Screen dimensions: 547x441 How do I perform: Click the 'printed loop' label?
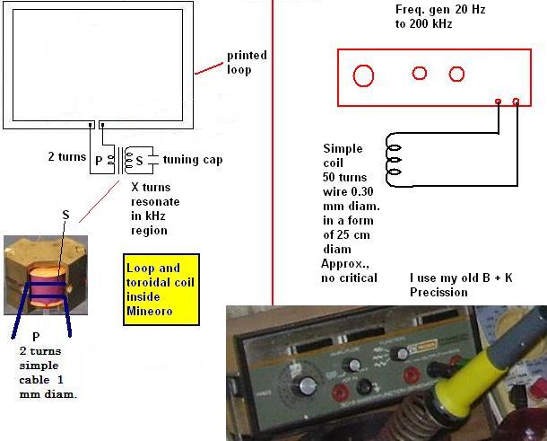(247, 62)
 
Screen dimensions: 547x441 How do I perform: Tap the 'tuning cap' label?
(193, 160)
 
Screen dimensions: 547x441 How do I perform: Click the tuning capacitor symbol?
(152, 160)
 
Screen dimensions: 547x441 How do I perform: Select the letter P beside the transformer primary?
(99, 161)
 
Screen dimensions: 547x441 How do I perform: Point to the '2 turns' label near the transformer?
(67, 156)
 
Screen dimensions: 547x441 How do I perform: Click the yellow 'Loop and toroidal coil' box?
(161, 290)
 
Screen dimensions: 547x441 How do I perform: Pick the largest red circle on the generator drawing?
(363, 75)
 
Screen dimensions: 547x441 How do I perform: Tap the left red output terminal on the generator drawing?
(499, 101)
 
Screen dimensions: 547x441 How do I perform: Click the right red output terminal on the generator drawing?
(516, 101)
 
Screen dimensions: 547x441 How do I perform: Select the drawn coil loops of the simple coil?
(394, 160)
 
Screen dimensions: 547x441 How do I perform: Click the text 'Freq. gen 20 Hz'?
(440, 10)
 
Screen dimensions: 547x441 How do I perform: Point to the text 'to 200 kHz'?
(424, 23)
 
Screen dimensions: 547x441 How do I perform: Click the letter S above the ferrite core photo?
(66, 215)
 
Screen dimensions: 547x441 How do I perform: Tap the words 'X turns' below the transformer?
(151, 188)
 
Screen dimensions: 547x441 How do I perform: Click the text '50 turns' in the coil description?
(344, 177)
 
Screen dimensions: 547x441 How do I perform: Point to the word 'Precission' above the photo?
(438, 292)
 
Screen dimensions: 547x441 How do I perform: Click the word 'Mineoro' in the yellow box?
(150, 311)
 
